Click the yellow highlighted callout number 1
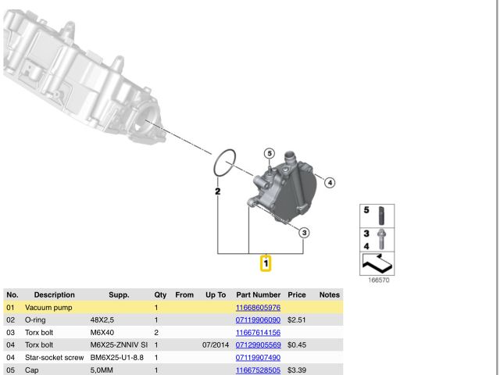pyautogui.click(x=266, y=263)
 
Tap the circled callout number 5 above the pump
pyautogui.click(x=270, y=153)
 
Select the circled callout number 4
pyautogui.click(x=330, y=183)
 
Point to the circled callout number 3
pyautogui.click(x=304, y=233)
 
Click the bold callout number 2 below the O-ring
pyautogui.click(x=218, y=191)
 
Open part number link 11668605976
pyautogui.click(x=258, y=308)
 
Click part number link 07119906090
pyautogui.click(x=258, y=320)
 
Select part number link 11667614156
pyautogui.click(x=258, y=333)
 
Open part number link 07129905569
pyautogui.click(x=258, y=345)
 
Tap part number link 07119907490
pyautogui.click(x=258, y=358)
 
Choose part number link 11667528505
pyautogui.click(x=258, y=370)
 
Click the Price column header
pyautogui.click(x=297, y=295)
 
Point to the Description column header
pyautogui.click(x=54, y=295)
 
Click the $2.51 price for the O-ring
pyautogui.click(x=297, y=320)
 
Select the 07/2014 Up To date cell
pyautogui.click(x=216, y=345)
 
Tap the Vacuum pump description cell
pyautogui.click(x=48, y=308)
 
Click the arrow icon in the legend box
pyautogui.click(x=377, y=264)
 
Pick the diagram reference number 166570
pyautogui.click(x=378, y=280)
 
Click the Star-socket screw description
pyautogui.click(x=54, y=358)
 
